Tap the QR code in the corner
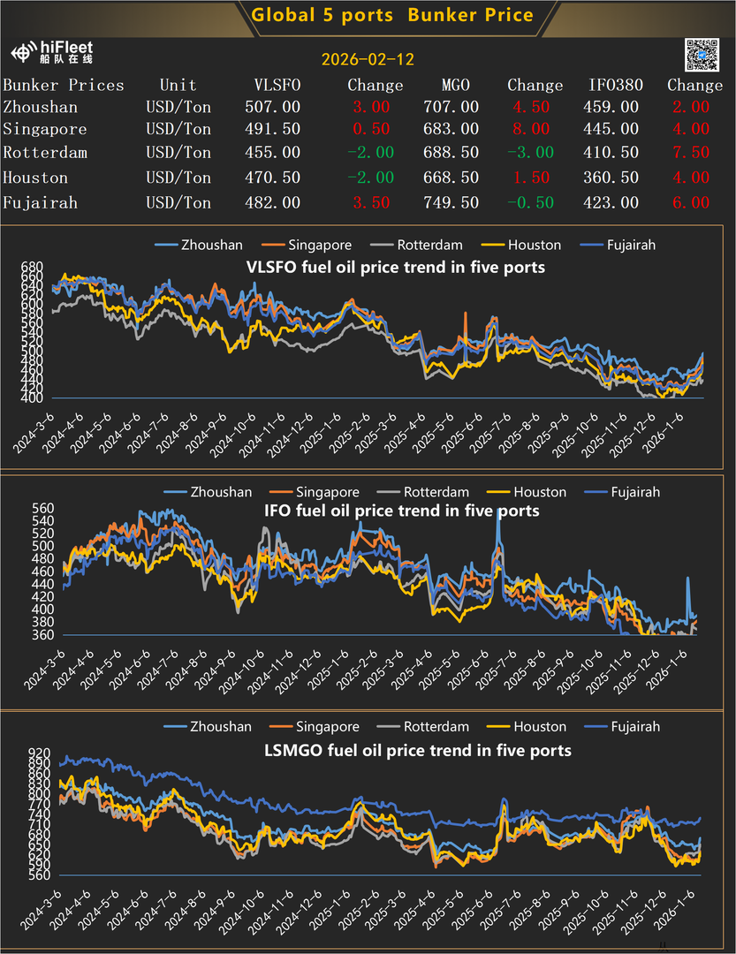[703, 56]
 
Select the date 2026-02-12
[368, 60]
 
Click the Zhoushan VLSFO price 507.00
[272, 107]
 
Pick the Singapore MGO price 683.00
[451, 130]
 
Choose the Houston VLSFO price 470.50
[272, 178]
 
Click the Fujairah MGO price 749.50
[451, 203]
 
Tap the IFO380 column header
[616, 86]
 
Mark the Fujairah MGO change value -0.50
[530, 203]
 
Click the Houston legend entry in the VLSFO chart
[534, 245]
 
